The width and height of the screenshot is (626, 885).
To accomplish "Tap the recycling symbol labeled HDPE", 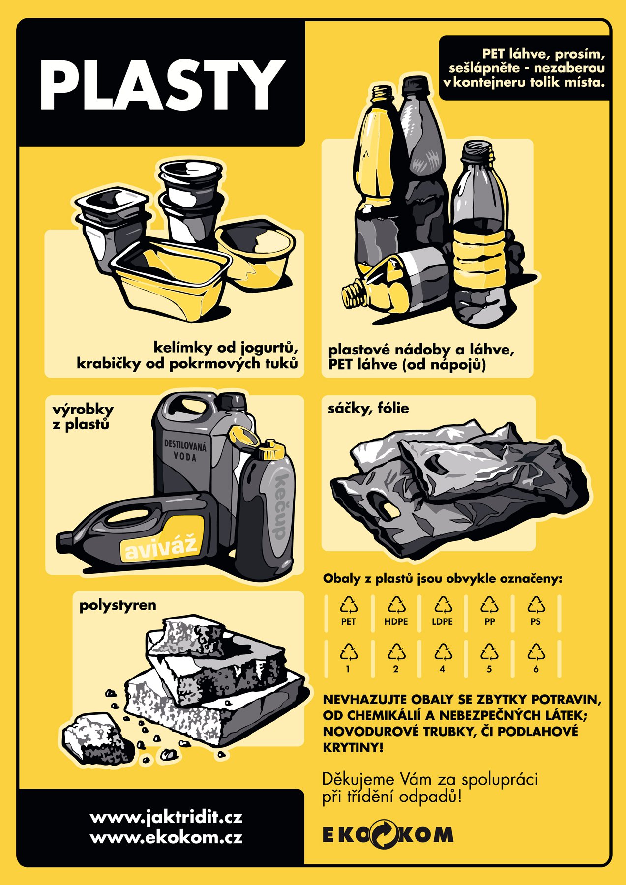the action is (x=396, y=605).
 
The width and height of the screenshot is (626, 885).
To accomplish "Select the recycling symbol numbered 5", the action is (x=489, y=652).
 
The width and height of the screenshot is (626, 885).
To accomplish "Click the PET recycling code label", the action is (x=348, y=622).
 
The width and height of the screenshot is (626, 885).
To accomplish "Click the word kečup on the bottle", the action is (x=278, y=507).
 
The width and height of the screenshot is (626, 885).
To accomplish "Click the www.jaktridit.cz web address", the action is (x=166, y=817).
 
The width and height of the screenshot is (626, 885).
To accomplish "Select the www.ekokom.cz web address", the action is (x=166, y=837).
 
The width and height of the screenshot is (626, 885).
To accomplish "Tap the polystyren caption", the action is (x=118, y=605).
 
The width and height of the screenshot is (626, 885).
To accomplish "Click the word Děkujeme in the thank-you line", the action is (x=358, y=780).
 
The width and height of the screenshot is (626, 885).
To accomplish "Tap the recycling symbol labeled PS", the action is (x=536, y=605).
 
